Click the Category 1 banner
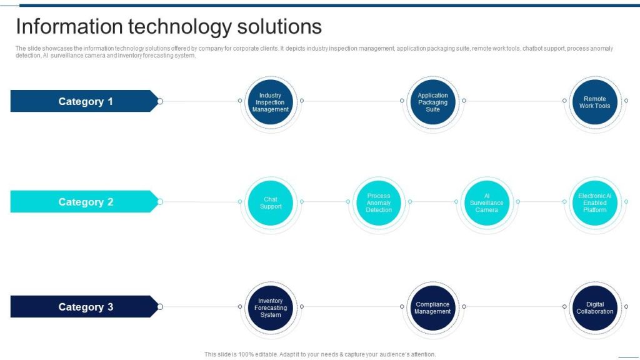click(x=84, y=101)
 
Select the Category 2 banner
click(x=84, y=202)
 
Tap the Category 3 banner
click(x=84, y=307)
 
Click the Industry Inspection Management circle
click(x=271, y=102)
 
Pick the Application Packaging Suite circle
click(x=432, y=102)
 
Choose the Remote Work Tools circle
click(x=594, y=102)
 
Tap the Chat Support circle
click(x=271, y=202)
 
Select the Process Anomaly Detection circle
click(x=379, y=202)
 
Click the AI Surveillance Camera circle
click(x=486, y=202)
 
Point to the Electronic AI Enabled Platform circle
click(x=594, y=202)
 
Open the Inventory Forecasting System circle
click(x=271, y=307)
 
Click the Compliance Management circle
click(x=432, y=307)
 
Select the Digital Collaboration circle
click(x=594, y=307)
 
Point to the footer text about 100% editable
click(x=320, y=354)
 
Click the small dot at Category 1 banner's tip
click(x=160, y=101)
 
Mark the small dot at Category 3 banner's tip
click(x=160, y=307)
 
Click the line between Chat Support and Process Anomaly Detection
click(x=325, y=202)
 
